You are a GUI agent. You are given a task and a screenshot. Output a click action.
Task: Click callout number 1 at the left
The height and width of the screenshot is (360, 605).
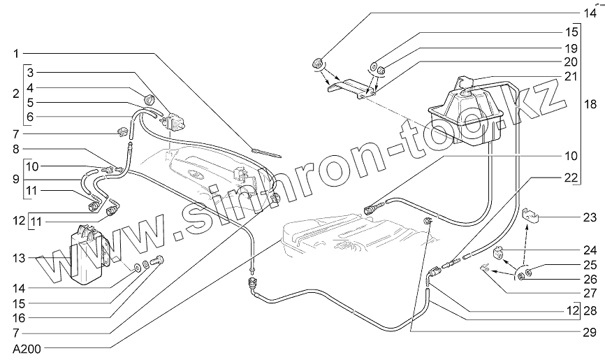click(16, 53)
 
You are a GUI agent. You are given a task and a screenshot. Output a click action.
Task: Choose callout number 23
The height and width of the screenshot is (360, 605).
click(590, 217)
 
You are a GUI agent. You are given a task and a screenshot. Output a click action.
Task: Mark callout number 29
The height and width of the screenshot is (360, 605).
click(590, 332)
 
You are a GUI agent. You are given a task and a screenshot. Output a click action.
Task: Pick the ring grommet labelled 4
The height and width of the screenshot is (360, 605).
click(150, 97)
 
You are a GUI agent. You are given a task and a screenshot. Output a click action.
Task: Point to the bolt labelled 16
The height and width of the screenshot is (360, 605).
click(158, 263)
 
